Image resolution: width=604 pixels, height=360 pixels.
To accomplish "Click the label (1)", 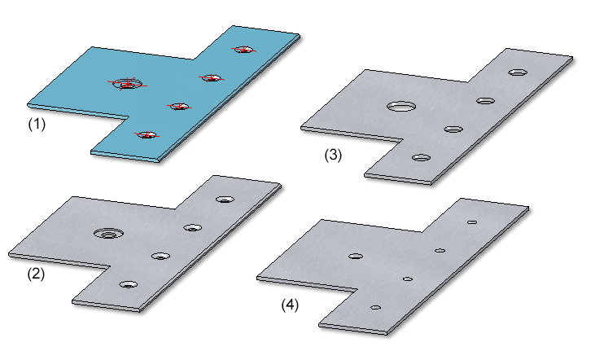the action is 37,124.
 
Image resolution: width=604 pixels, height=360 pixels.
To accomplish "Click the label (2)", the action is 36,274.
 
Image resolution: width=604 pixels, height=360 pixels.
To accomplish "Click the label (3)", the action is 333,155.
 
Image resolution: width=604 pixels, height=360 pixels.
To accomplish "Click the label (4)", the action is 290,305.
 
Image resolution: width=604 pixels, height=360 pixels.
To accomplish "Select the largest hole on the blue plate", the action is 128,83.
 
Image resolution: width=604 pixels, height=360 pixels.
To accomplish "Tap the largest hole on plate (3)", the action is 402,106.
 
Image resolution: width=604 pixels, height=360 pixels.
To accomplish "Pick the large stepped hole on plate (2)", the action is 109,233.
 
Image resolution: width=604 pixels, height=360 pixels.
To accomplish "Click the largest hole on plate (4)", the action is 356,256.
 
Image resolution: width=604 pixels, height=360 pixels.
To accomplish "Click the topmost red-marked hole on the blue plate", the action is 244,50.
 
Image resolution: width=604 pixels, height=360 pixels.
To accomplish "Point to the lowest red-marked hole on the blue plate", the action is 147,135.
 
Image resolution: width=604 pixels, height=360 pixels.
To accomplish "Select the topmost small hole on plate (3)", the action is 518,72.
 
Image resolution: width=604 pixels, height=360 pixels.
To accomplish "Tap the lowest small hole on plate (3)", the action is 421,158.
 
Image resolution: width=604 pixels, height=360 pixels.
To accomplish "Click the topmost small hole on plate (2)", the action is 225,200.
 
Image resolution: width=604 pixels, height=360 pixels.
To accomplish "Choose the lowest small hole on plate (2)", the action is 129,285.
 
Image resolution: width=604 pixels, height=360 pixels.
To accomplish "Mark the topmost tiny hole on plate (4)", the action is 472,222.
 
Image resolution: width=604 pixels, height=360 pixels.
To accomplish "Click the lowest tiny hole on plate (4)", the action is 375,308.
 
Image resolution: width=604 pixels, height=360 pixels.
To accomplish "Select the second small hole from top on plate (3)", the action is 485,101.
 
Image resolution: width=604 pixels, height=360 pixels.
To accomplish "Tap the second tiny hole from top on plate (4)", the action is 440,251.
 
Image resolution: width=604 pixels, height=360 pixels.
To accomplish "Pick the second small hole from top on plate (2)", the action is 193,228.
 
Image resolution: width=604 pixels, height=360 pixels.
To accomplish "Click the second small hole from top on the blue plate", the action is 212,78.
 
